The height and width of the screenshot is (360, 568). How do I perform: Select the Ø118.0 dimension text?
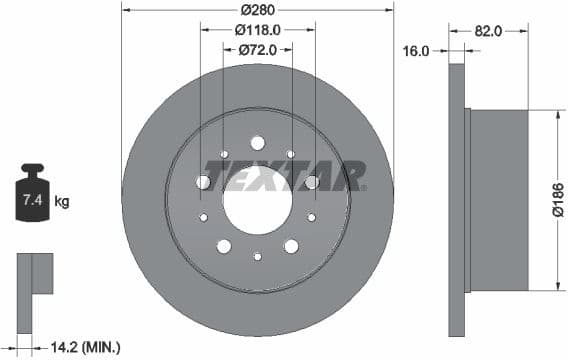(258, 30)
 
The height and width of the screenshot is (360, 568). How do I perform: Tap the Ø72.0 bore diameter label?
(258, 48)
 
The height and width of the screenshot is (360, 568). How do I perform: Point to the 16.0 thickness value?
(416, 50)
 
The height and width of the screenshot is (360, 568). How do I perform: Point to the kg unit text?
(62, 201)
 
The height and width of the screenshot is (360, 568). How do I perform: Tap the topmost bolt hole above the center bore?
(257, 142)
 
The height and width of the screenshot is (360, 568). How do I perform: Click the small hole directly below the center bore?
(257, 257)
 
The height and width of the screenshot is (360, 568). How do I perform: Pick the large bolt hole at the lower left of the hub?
(224, 246)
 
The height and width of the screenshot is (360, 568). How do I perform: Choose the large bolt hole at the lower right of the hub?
(291, 246)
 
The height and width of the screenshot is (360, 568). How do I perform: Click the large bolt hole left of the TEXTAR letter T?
(203, 182)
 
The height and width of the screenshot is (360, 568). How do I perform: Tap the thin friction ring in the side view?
(458, 200)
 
